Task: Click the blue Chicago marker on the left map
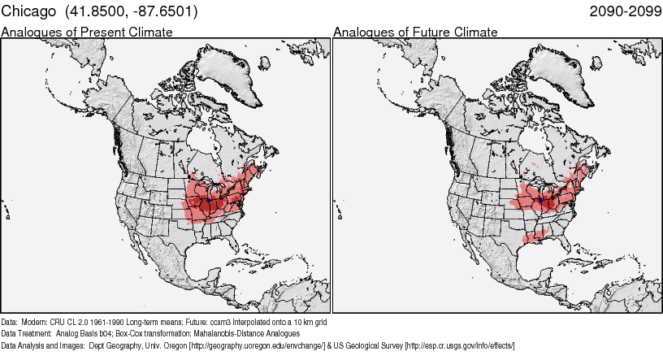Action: pyautogui.click(x=209, y=198)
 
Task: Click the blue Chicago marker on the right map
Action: pyautogui.click(x=540, y=198)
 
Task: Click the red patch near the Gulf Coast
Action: pyautogui.click(x=535, y=236)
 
